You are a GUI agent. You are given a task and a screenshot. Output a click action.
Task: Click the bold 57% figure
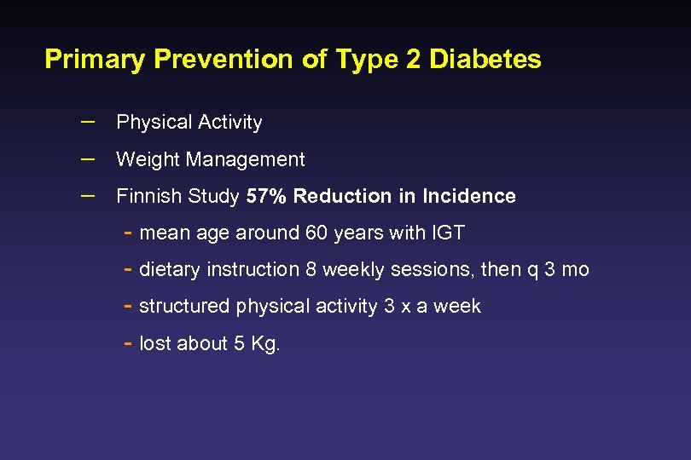point(267,196)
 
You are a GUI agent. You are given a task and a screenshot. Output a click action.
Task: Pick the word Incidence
point(467,196)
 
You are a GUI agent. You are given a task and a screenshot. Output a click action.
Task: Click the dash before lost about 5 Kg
point(126,342)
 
